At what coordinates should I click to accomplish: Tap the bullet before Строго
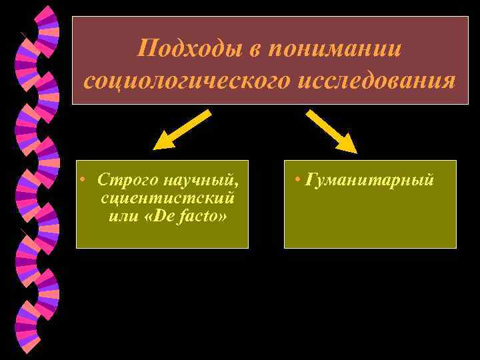point(81,181)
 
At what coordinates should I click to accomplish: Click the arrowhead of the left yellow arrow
point(161,143)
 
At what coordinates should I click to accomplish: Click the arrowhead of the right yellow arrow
point(349,144)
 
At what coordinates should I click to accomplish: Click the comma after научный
point(235,184)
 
